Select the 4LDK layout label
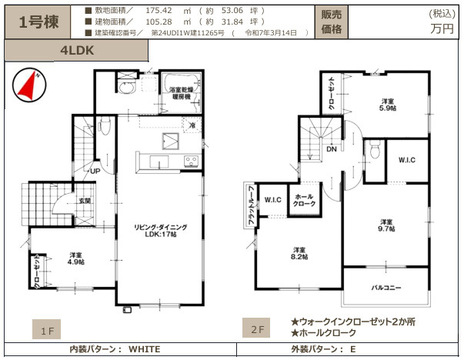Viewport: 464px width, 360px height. [x=76, y=50]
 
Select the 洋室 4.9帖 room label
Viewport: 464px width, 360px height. [x=75, y=258]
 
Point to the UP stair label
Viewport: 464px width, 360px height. [x=95, y=171]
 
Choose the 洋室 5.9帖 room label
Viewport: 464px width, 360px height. [x=387, y=105]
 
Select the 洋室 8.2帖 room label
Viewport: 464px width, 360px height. [x=299, y=252]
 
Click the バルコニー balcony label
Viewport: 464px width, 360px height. [x=384, y=287]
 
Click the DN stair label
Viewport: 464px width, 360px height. [x=330, y=150]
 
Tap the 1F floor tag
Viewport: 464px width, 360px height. [x=48, y=332]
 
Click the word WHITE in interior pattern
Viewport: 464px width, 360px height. [x=144, y=348]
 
